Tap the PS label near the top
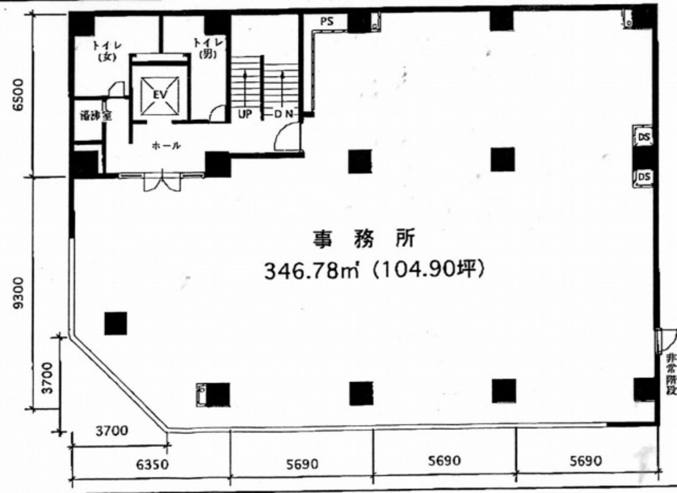click(x=326, y=21)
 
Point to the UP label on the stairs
click(x=244, y=114)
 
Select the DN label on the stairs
click(x=284, y=114)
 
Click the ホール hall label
click(x=166, y=146)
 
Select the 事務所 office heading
click(x=364, y=239)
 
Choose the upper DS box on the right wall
click(x=643, y=136)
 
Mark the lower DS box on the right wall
click(x=643, y=177)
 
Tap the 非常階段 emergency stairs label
click(x=671, y=374)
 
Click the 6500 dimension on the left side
click(x=18, y=96)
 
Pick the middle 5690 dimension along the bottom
click(x=444, y=461)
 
